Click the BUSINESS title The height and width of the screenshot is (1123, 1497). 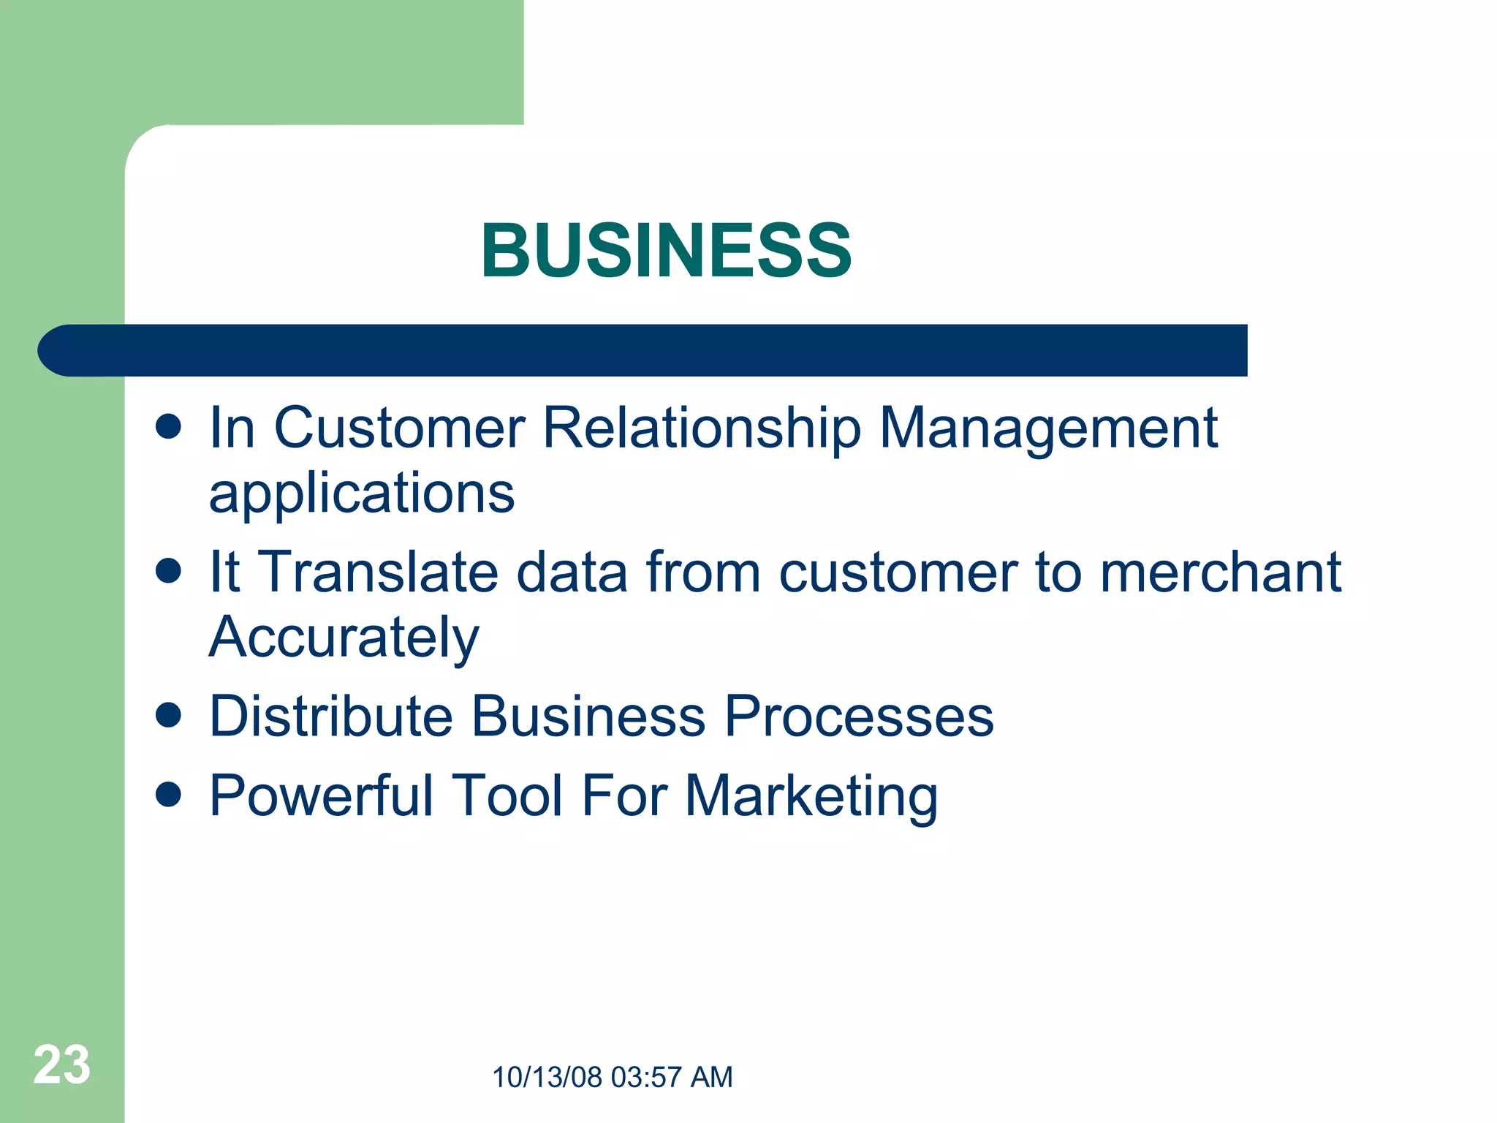tap(666, 250)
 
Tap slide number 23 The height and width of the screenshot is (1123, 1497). tap(61, 1065)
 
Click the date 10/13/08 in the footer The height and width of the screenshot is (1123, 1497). tap(547, 1078)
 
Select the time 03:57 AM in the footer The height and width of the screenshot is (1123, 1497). tap(671, 1078)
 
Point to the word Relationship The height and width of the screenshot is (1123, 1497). tap(702, 428)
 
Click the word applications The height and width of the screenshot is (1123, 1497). tap(362, 494)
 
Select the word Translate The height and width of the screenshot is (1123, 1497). tap(379, 572)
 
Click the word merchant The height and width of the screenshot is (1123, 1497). tap(1220, 572)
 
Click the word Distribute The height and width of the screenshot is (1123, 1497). tap(331, 716)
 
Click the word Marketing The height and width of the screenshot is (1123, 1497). tap(811, 796)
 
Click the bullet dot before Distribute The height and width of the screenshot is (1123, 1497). tap(168, 715)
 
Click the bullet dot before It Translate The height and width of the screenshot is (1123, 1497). tap(168, 571)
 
